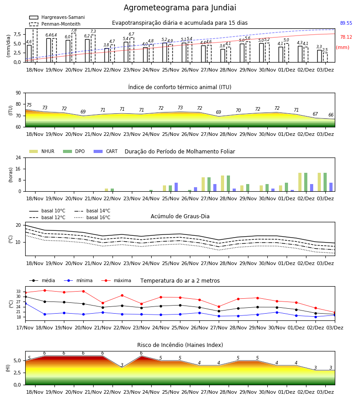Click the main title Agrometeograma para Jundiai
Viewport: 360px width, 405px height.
[x=180, y=8]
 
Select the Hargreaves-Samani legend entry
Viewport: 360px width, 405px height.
[x=57, y=17]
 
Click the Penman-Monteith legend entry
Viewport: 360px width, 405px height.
[x=55, y=24]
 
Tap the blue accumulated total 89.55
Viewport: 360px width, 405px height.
[x=346, y=23]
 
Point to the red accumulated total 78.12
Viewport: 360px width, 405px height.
[x=346, y=37]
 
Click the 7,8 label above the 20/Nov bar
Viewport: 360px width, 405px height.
[x=74, y=31]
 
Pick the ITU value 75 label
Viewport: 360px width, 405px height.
[x=29, y=105]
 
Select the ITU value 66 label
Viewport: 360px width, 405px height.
[x=331, y=115]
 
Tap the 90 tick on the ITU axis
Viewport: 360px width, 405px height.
[x=18, y=93]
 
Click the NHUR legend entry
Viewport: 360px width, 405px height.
[x=42, y=151]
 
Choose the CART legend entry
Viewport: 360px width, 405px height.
[x=106, y=151]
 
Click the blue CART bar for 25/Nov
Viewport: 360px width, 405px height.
[x=176, y=187]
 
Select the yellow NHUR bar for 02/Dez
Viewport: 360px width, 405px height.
[x=300, y=182]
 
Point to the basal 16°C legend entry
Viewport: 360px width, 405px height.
[x=92, y=217]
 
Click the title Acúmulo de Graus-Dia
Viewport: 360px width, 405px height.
[x=180, y=216]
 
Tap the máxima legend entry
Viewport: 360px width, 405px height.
[x=116, y=280]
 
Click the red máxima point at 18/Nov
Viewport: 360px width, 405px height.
[x=45, y=290]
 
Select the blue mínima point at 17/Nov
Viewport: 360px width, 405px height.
[x=25, y=303]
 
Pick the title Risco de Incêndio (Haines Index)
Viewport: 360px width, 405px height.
[x=180, y=345]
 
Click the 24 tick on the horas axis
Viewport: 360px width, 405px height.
[x=18, y=157]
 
